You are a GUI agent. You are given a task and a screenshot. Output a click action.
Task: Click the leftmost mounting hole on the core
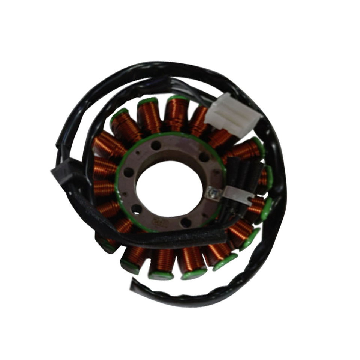(128, 172)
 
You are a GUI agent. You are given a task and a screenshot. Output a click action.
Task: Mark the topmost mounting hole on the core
(156, 145)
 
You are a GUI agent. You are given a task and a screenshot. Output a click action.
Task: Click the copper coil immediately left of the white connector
(199, 120)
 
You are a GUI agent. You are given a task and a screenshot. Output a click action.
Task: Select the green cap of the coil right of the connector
(259, 146)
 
